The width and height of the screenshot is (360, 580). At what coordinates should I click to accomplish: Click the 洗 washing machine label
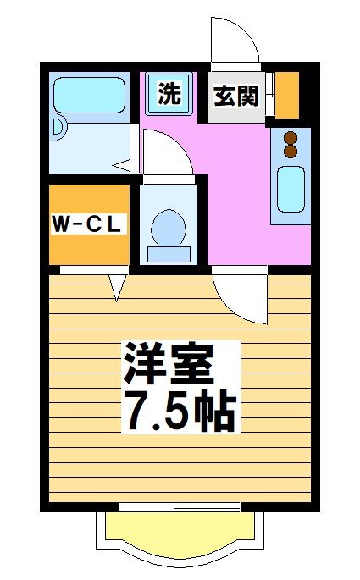(171, 93)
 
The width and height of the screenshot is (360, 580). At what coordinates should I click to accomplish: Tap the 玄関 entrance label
(235, 96)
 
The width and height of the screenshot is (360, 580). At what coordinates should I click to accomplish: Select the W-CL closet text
(89, 224)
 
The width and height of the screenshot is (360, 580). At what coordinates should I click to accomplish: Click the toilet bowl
(168, 226)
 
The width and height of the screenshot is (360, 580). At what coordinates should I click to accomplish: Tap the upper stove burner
(291, 138)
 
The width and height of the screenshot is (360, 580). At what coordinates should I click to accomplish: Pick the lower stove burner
(291, 152)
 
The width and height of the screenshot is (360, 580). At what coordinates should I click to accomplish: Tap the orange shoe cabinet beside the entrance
(288, 95)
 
